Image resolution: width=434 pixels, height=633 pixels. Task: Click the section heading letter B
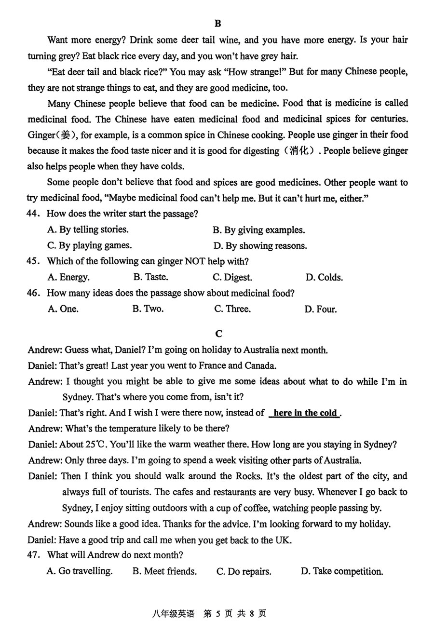click(217, 24)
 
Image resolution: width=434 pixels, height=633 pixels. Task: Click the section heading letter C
click(218, 334)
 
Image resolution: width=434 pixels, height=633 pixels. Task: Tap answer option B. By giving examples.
click(259, 230)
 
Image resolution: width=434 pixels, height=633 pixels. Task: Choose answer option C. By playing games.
click(89, 245)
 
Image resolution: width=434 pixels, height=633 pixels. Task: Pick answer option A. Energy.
click(68, 277)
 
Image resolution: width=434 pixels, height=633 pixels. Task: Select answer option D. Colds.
click(324, 277)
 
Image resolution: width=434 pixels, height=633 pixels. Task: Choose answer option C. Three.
click(232, 309)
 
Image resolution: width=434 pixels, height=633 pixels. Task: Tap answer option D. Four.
click(321, 309)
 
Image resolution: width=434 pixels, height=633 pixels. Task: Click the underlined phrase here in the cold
click(305, 413)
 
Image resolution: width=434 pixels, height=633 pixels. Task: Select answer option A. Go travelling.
click(80, 571)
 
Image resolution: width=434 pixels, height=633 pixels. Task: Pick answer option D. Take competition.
click(342, 571)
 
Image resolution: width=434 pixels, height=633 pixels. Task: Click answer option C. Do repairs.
click(244, 571)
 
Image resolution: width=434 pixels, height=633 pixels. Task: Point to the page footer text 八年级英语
click(173, 614)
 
